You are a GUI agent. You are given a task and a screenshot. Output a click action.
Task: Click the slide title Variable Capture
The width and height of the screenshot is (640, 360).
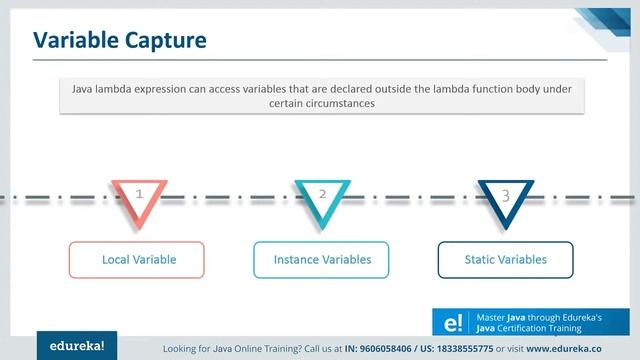(x=120, y=39)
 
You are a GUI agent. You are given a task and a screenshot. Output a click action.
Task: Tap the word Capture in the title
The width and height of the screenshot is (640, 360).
(x=164, y=39)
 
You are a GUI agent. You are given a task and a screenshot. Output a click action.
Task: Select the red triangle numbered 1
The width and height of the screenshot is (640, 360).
(x=139, y=201)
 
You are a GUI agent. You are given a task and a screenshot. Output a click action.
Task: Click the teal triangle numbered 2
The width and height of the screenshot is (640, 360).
(x=322, y=201)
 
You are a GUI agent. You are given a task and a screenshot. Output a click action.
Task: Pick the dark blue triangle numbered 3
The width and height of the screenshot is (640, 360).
(x=505, y=201)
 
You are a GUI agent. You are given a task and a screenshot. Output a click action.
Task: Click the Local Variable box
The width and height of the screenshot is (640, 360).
(x=138, y=259)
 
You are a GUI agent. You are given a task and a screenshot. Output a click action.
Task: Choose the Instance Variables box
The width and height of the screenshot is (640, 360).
(x=322, y=259)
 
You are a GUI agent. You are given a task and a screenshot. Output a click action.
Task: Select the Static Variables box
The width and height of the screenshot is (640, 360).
(x=505, y=259)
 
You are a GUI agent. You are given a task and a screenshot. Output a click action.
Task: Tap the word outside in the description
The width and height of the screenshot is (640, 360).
(x=375, y=89)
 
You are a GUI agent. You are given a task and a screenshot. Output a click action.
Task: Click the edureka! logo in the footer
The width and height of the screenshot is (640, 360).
(x=78, y=346)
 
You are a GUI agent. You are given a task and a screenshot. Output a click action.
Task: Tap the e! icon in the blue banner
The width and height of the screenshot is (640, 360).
(x=451, y=321)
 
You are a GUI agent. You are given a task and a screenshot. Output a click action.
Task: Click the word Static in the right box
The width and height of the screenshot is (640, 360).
(x=481, y=259)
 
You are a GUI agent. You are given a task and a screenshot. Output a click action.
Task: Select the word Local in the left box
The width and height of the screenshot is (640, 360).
(x=116, y=259)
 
